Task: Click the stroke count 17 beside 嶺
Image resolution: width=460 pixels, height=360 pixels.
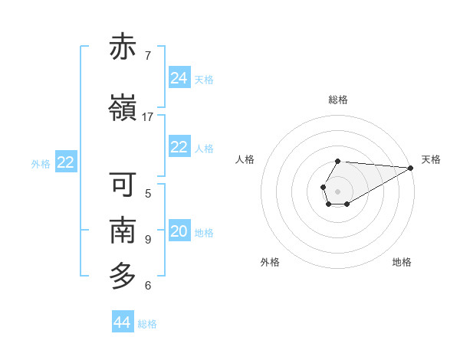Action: pyautogui.click(x=148, y=117)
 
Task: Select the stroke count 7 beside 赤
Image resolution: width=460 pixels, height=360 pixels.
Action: pyautogui.click(x=148, y=56)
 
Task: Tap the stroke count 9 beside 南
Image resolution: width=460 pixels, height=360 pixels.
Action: pyautogui.click(x=148, y=240)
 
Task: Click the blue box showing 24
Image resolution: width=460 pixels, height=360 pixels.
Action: pyautogui.click(x=179, y=78)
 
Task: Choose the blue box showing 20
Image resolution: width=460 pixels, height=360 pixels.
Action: pyautogui.click(x=179, y=232)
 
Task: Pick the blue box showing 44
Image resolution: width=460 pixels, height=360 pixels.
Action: pyautogui.click(x=123, y=322)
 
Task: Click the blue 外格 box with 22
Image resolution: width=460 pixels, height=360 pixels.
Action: pyautogui.click(x=66, y=162)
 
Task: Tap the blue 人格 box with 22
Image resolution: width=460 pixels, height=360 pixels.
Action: pyautogui.click(x=179, y=147)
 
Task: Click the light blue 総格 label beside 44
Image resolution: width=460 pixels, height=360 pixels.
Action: pyautogui.click(x=147, y=324)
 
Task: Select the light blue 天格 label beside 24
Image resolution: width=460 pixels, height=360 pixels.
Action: pyautogui.click(x=204, y=80)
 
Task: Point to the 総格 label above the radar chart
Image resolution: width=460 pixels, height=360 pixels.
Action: pyautogui.click(x=338, y=100)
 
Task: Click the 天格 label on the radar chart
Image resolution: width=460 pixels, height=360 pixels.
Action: pyautogui.click(x=431, y=159)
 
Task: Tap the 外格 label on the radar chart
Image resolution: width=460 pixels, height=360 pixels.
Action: pyautogui.click(x=270, y=262)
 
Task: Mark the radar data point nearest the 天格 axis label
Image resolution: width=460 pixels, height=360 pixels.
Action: pyautogui.click(x=411, y=167)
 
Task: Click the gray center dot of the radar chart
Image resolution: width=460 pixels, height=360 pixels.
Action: pyautogui.click(x=337, y=190)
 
